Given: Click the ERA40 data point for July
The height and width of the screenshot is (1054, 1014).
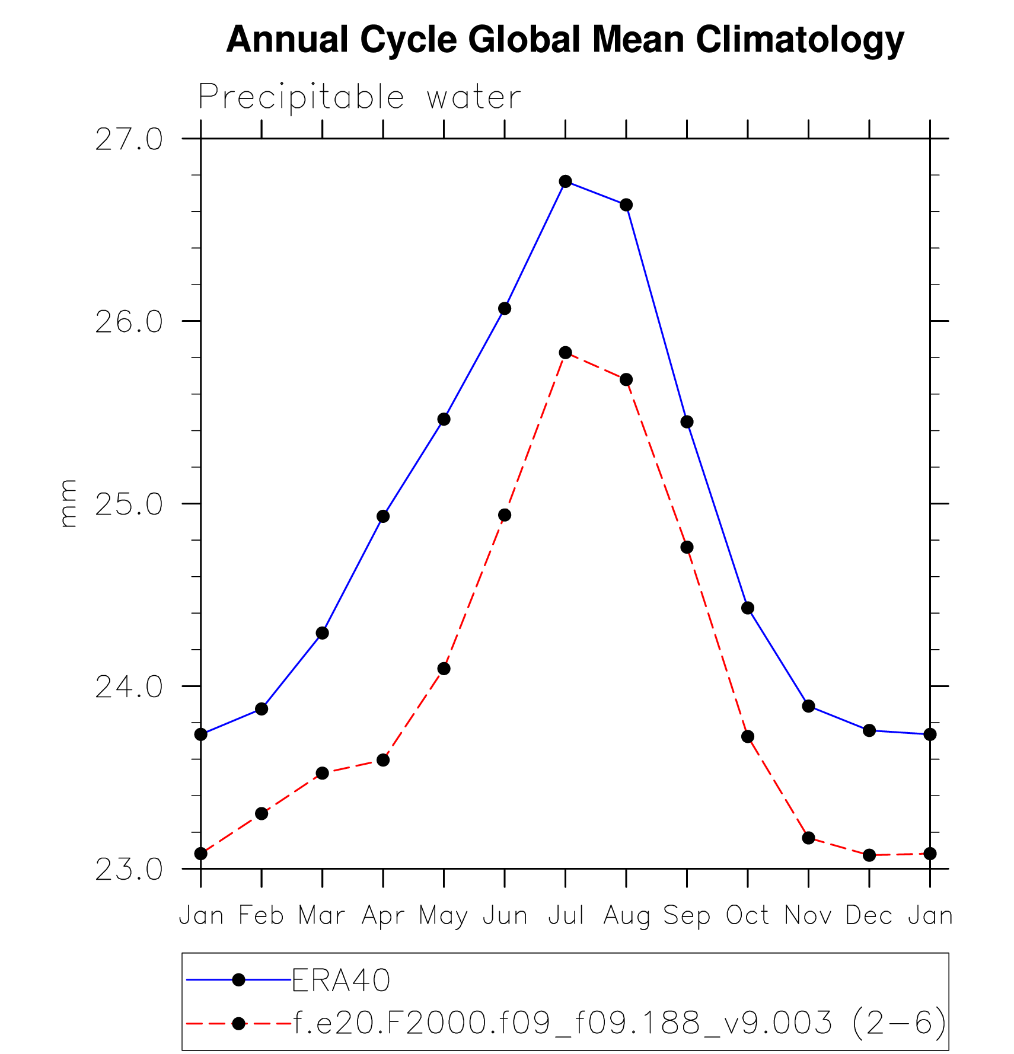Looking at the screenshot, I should (x=565, y=181).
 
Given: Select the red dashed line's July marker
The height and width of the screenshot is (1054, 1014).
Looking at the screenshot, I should (x=565, y=353).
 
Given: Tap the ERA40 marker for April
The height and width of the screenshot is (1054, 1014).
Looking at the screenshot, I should (x=383, y=516).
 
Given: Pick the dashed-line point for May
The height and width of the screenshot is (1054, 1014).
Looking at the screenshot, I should (x=444, y=669).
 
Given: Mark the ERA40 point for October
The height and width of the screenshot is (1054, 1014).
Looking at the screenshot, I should (x=748, y=608).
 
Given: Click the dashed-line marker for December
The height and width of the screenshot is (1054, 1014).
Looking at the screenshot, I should (x=869, y=855).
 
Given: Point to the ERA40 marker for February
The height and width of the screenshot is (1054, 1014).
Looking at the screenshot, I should (x=262, y=709).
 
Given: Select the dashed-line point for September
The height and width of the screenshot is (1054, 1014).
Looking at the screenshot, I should (x=687, y=547).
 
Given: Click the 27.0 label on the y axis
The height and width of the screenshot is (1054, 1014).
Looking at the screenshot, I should (x=129, y=140).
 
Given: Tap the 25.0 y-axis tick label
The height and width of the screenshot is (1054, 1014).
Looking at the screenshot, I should (x=129, y=504).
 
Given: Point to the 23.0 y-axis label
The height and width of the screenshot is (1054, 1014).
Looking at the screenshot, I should (x=129, y=870).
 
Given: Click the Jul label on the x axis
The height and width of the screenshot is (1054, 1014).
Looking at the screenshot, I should (x=566, y=916).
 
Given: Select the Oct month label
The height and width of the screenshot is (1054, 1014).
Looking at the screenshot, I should (x=748, y=916).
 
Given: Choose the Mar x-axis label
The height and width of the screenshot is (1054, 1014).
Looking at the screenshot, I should (x=322, y=916).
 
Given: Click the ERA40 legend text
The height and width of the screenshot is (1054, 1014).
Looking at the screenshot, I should (x=341, y=980).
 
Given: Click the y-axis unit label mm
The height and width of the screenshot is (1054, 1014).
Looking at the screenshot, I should (x=69, y=503).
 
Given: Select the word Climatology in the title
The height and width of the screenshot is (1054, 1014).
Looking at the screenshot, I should (x=800, y=40).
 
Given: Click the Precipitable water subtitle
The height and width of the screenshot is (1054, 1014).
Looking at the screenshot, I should (x=359, y=97).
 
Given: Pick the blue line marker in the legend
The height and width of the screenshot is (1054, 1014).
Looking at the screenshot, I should (x=238, y=980).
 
